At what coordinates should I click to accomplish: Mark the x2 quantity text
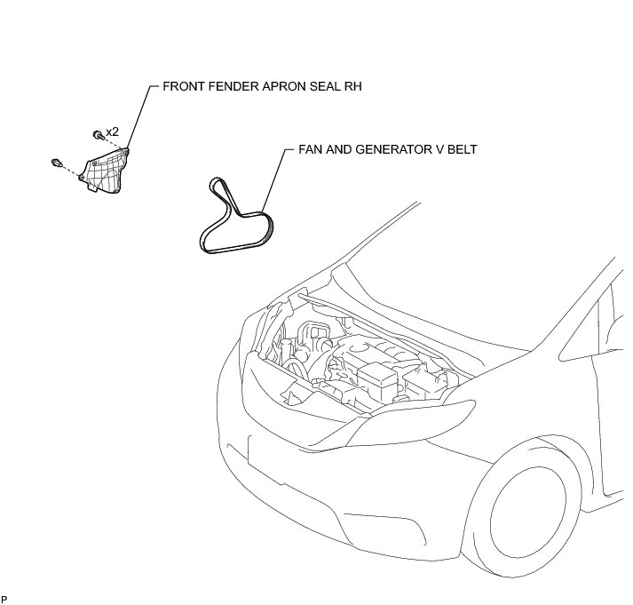(x=113, y=131)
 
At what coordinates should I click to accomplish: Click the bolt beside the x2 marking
(x=96, y=134)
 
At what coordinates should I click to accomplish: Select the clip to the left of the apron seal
(x=57, y=163)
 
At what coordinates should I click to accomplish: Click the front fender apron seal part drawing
(x=106, y=171)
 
